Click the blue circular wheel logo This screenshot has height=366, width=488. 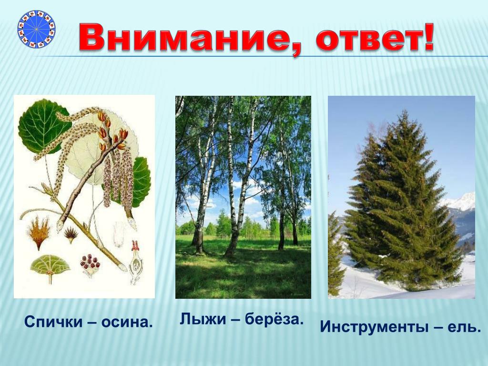(x=36, y=29)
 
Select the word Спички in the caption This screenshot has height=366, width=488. (x=53, y=322)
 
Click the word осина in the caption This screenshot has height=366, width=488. (x=127, y=323)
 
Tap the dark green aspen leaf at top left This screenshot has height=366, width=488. (x=43, y=126)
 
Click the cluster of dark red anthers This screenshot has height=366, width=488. (x=90, y=262)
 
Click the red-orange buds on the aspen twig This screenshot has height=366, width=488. (x=112, y=133)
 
